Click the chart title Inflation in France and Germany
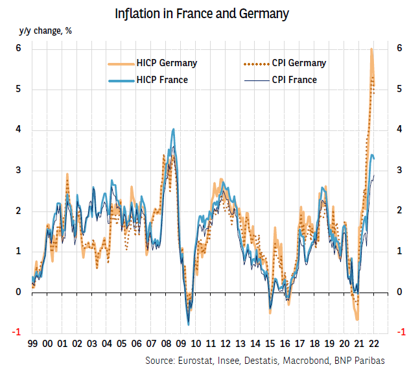[202, 13]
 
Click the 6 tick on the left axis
[19, 49]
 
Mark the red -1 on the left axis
[18, 332]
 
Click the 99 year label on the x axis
[32, 344]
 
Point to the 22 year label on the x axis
[375, 344]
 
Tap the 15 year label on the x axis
[270, 344]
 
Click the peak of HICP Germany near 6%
[371, 49]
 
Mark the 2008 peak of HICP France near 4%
[173, 130]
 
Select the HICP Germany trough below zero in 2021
[357, 318]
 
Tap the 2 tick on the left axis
[19, 211]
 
